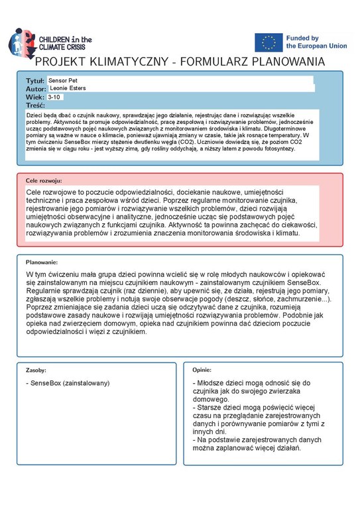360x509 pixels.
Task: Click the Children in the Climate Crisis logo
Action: pyautogui.click(x=50, y=42)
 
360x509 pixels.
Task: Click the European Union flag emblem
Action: pyautogui.click(x=269, y=42)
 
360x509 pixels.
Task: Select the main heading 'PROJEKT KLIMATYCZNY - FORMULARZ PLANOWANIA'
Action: pyautogui.click(x=180, y=62)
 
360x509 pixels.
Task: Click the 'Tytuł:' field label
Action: pyautogui.click(x=34, y=80)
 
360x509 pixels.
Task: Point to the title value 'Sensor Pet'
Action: pyautogui.click(x=64, y=80)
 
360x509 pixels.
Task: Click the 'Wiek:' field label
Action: pyautogui.click(x=34, y=97)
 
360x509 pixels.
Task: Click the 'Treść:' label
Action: pyautogui.click(x=35, y=105)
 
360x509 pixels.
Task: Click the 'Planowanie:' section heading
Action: pyautogui.click(x=42, y=262)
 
